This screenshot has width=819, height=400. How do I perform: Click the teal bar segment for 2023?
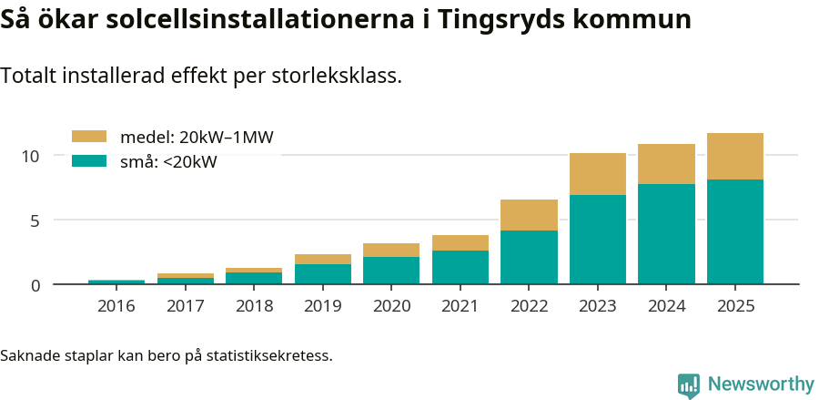[598, 239]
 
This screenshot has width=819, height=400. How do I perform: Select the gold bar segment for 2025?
[735, 156]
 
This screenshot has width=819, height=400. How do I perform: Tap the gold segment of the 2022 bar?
[529, 215]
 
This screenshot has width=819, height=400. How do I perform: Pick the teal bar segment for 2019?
[322, 273]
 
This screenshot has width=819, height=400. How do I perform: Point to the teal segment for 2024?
[666, 233]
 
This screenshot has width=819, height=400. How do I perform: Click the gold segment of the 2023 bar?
[598, 174]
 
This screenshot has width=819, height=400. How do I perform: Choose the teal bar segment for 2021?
[460, 267]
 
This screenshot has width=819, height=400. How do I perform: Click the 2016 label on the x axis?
[116, 306]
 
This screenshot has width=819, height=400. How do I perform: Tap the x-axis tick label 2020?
[391, 306]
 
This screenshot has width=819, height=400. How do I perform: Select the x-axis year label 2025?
[735, 306]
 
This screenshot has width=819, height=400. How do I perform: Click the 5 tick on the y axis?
[35, 221]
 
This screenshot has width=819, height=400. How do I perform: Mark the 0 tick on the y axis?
[35, 285]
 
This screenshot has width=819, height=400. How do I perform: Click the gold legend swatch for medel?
[89, 137]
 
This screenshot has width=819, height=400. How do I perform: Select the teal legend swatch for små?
[89, 161]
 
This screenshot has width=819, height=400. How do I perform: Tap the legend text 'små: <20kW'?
[168, 162]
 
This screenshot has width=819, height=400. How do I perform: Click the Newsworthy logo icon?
[688, 385]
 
